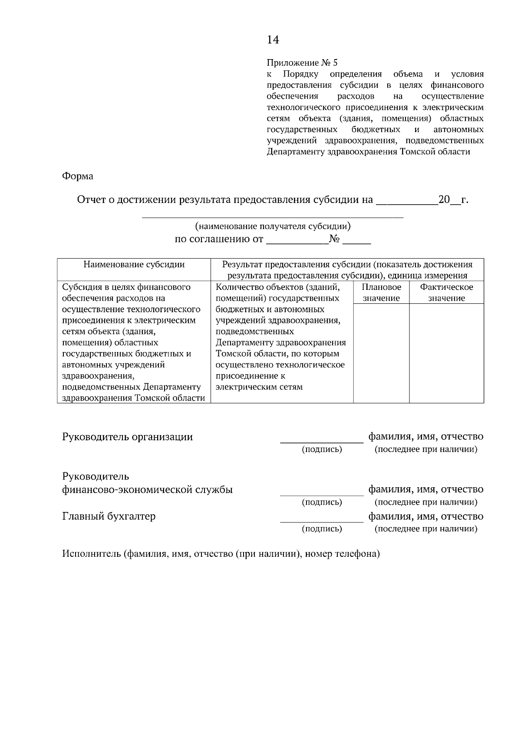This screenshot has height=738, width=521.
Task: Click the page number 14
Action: [x=273, y=40]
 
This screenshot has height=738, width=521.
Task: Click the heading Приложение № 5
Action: [x=302, y=63]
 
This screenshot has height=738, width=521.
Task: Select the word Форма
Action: [x=78, y=176]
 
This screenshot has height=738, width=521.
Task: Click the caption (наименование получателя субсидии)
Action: [x=273, y=226]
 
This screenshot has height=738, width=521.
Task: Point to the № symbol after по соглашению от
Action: [x=335, y=239]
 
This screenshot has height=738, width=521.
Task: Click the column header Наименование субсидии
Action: [x=134, y=264]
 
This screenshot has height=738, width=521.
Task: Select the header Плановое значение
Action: [x=381, y=293]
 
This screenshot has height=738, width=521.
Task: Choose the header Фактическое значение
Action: [x=446, y=293]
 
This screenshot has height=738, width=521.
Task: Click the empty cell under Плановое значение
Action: [x=381, y=353]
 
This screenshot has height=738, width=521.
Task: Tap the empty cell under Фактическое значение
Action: [x=446, y=353]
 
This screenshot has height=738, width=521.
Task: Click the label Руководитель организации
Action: [x=128, y=437]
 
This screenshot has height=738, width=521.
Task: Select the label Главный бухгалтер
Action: [x=109, y=516]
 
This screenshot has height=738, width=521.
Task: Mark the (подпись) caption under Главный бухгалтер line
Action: [x=322, y=529]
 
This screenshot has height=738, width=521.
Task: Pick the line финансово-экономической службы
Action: [x=148, y=490]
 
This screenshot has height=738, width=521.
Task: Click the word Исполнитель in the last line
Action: [x=92, y=554]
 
